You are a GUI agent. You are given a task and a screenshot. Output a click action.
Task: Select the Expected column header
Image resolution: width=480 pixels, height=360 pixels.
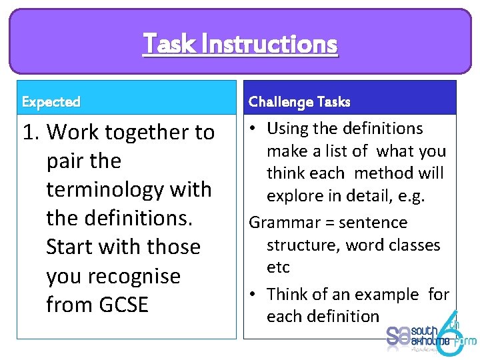pos(51,102)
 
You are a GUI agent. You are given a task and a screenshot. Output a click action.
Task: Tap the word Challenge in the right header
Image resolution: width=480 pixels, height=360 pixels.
pos(281,101)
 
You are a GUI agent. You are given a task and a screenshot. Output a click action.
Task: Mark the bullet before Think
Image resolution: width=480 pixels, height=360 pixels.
pos(255,294)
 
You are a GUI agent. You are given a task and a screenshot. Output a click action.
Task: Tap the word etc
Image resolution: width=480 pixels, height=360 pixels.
pos(278,267)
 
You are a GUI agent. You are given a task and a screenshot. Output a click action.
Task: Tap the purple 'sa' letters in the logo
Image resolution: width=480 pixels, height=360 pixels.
pos(398,335)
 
